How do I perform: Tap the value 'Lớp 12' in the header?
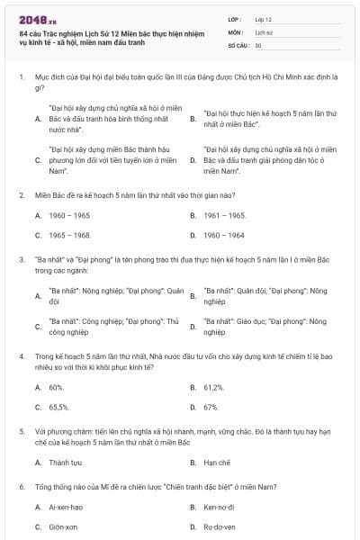[264, 18]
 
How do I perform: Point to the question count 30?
[258, 44]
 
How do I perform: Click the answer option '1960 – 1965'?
[69, 216]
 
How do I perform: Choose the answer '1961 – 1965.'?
[225, 216]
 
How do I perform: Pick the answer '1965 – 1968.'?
[70, 235]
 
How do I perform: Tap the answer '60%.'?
[57, 387]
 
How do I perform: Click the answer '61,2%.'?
[214, 387]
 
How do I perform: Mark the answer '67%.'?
[211, 407]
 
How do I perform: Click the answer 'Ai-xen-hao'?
[67, 508]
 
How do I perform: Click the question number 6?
[21, 487]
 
